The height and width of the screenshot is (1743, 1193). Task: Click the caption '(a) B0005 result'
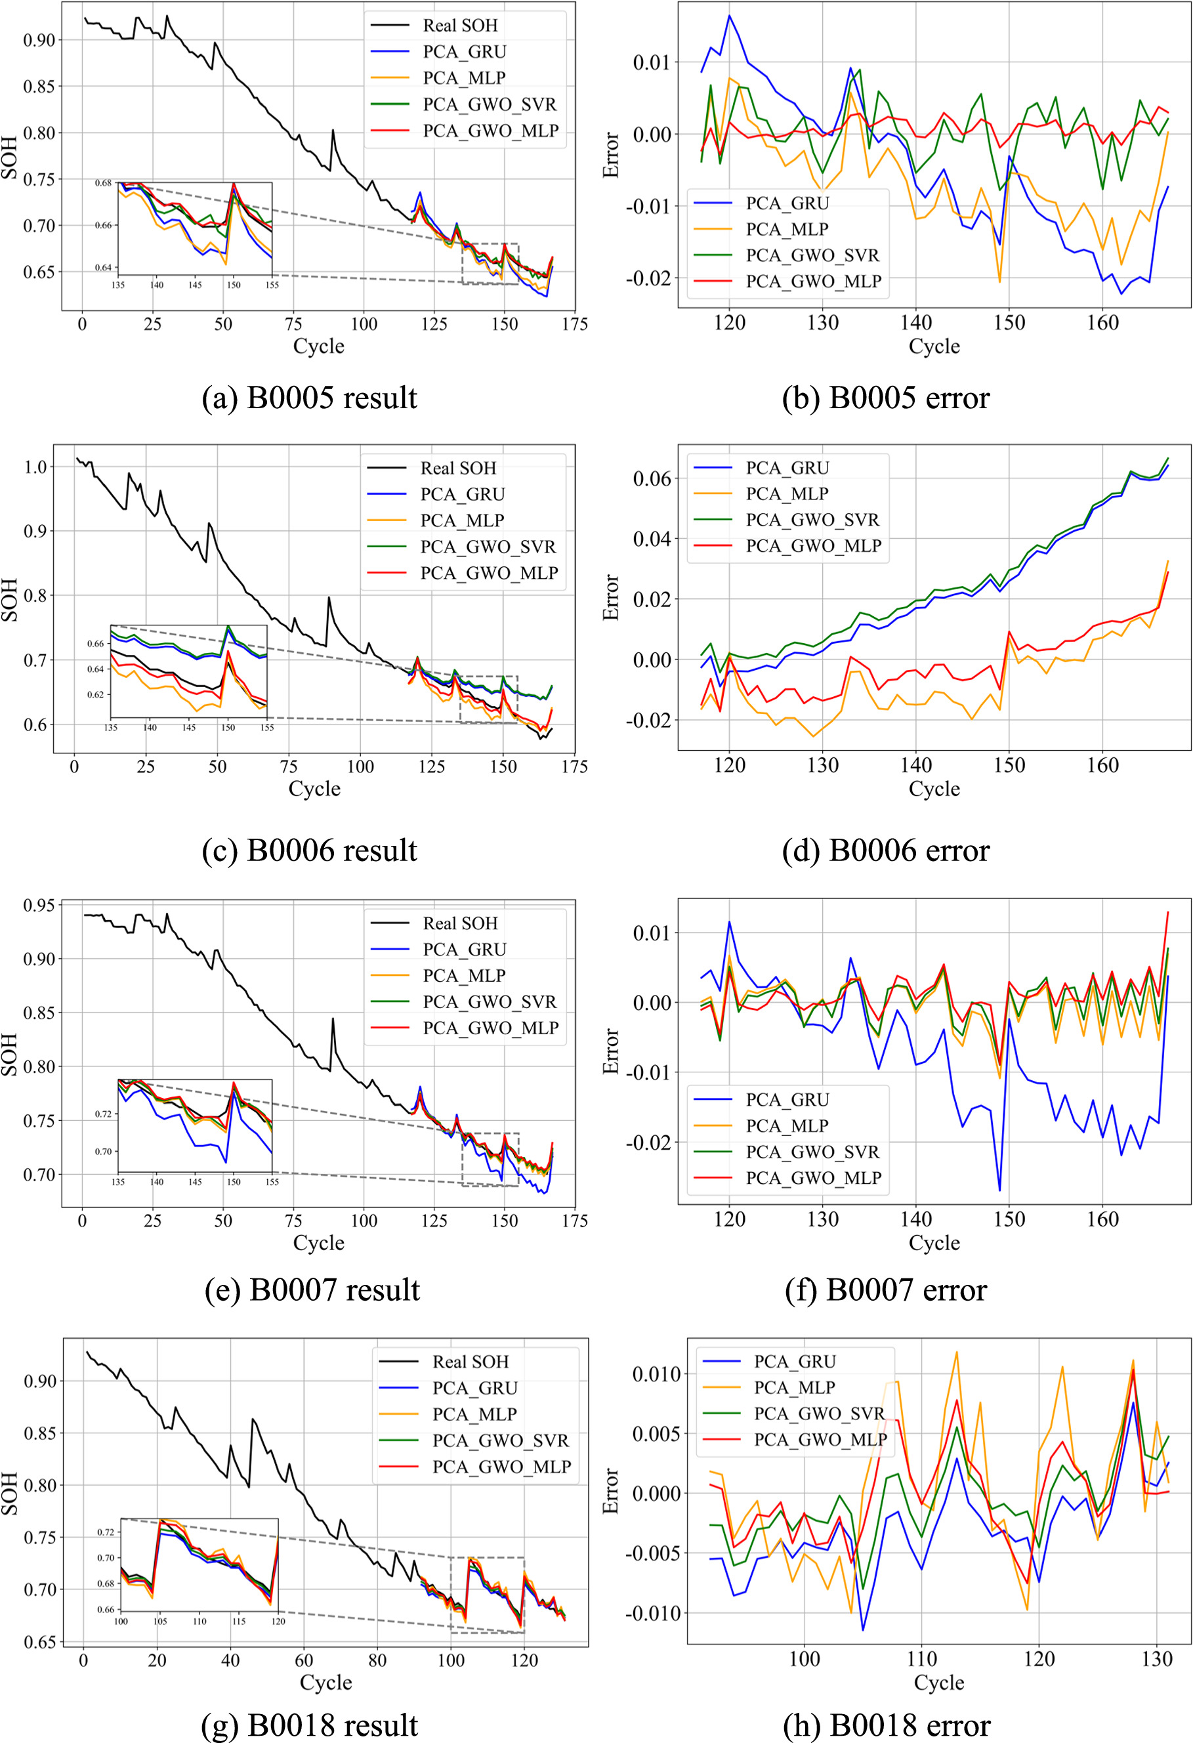coord(309,398)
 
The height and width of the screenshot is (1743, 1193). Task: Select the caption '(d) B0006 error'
coord(886,850)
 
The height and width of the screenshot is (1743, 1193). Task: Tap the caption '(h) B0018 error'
coord(887,1725)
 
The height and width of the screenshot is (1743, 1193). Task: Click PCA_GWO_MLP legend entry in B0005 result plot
coord(490,131)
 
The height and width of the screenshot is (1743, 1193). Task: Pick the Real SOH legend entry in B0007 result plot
coord(459,923)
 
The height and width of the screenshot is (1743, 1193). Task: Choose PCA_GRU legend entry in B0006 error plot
coord(787,468)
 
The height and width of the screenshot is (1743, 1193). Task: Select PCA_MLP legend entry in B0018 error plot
coord(794,1387)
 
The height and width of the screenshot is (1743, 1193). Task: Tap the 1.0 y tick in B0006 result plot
coord(35,467)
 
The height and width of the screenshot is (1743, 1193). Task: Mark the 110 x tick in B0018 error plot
coord(921,1659)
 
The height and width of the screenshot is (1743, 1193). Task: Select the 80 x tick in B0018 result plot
coord(377,1660)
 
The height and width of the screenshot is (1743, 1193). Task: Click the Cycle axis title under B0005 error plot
coord(934,346)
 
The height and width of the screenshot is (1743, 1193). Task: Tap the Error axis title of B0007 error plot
coord(612,1051)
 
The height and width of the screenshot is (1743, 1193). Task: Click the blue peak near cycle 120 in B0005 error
coord(729,16)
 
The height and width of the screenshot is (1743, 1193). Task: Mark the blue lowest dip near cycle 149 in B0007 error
coord(999,1190)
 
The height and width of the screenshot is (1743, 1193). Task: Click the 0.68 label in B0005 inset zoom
coord(104,182)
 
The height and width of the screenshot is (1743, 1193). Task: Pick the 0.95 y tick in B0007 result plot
coord(39,905)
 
